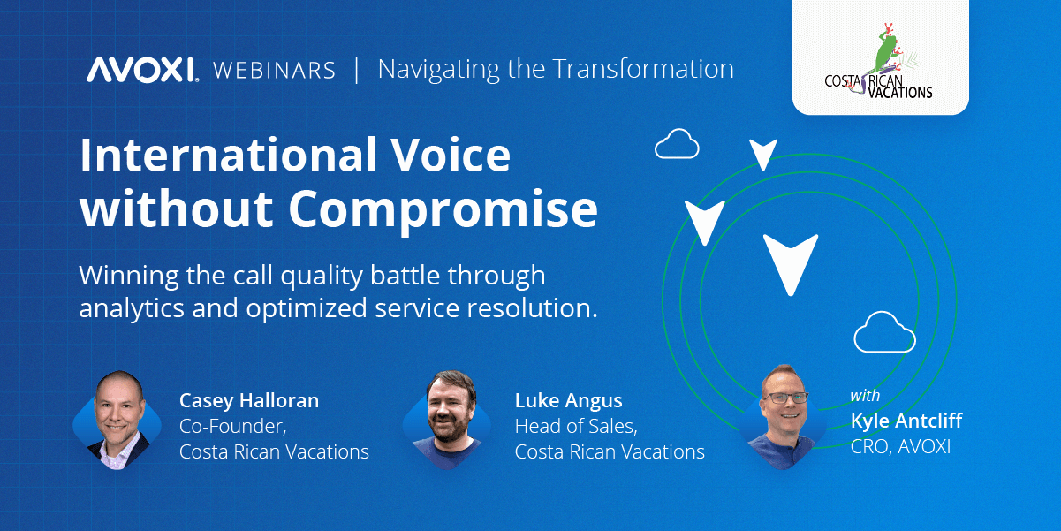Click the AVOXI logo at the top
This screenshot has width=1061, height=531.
click(142, 70)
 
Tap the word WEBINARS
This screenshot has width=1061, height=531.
click(274, 71)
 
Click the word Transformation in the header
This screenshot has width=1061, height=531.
click(643, 69)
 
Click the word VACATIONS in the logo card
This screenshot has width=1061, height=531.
click(900, 93)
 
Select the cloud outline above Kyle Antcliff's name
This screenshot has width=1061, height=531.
click(884, 331)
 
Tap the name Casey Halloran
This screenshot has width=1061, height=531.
click(249, 401)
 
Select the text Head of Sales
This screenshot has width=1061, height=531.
click(576, 427)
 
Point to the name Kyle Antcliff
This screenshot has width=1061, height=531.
click(906, 421)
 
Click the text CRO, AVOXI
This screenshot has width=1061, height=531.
click(900, 447)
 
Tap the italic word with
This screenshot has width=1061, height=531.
click(865, 396)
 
